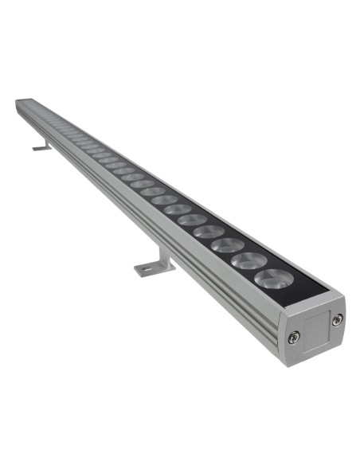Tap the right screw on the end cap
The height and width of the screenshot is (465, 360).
click(338, 319)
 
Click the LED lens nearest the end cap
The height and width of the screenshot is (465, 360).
click(272, 279)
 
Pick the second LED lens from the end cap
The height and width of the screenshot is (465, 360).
click(249, 260)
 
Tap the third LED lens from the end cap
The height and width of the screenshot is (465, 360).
click(229, 244)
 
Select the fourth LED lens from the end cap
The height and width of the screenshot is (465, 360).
click(209, 231)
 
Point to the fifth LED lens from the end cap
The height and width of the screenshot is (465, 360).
click(192, 218)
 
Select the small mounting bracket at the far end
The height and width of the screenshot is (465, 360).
click(42, 146)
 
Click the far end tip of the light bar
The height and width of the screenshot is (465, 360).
click(18, 103)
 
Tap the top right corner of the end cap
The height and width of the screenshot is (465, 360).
click(344, 295)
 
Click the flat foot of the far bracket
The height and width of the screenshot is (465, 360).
click(40, 148)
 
